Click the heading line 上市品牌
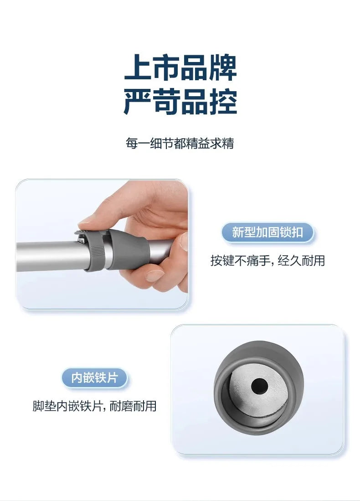tap(180, 68)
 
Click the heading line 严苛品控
tap(180, 102)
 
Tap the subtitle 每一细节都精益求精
tap(180, 143)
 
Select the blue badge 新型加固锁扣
tap(267, 232)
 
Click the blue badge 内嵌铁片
tap(94, 377)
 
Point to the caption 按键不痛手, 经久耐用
tap(267, 260)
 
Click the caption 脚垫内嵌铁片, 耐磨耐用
tap(94, 406)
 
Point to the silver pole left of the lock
tap(51, 256)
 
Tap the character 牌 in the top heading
tap(223, 68)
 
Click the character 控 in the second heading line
tap(224, 102)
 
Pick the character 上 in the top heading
tap(137, 68)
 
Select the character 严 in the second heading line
tap(137, 102)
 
